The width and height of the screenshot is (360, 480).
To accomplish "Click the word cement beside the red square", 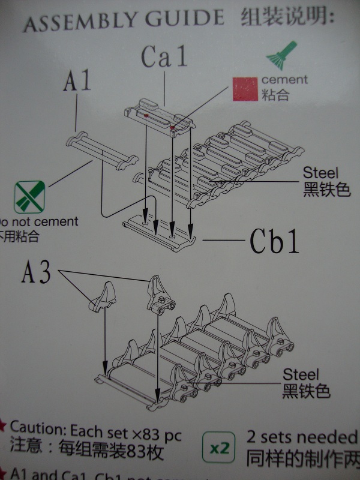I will [x=284, y=80].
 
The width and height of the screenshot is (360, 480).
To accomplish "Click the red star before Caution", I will [x=3, y=427].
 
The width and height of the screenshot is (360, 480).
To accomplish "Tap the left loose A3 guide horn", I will [x=103, y=296].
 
